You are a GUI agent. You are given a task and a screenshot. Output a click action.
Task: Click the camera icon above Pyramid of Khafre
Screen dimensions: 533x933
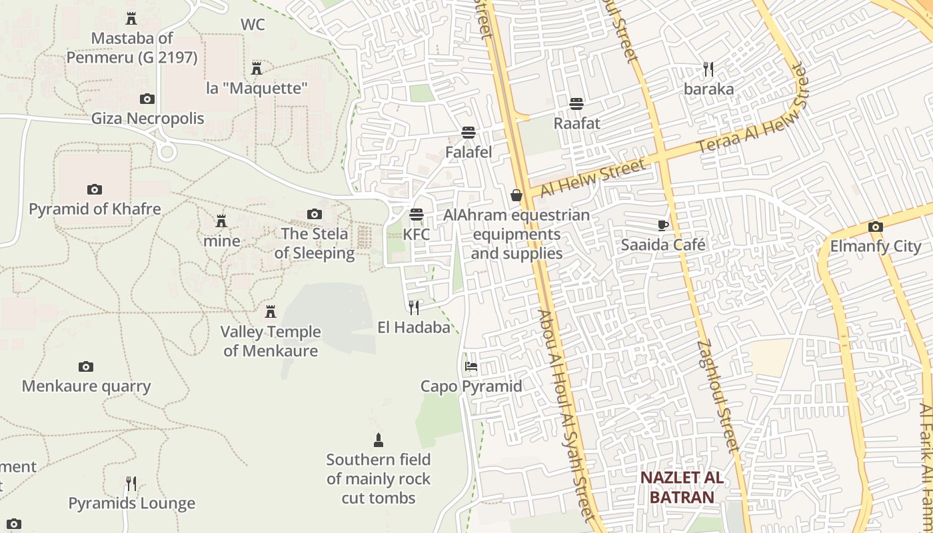95,190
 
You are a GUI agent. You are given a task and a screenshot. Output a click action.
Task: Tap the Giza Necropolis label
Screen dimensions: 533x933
148,119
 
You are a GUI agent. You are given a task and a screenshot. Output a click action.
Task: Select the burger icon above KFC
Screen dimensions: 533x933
417,215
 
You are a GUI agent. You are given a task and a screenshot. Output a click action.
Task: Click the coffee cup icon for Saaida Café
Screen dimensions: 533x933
662,225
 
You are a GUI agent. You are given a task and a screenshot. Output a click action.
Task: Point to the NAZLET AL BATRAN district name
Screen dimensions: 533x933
682,487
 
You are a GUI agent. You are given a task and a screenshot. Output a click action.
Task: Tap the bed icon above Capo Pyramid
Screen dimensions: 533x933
471,366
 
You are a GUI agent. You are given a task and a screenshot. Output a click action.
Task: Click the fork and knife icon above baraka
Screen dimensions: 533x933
708,69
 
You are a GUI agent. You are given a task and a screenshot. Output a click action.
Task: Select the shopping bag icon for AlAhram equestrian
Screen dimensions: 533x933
516,195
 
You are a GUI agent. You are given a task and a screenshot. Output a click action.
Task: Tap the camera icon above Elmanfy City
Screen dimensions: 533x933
876,227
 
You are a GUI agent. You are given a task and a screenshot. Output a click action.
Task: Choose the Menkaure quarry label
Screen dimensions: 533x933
87,386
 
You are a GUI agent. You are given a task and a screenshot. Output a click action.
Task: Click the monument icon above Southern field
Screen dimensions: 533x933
379,440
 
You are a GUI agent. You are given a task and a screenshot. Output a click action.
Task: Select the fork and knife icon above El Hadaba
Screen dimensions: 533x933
414,307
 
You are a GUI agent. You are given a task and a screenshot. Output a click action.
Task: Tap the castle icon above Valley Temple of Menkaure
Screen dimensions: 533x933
271,312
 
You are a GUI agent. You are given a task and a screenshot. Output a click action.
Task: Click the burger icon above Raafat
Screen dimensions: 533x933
576,104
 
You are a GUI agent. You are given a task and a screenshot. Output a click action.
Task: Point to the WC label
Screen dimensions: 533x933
253,25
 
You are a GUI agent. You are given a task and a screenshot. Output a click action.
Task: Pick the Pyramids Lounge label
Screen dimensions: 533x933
132,504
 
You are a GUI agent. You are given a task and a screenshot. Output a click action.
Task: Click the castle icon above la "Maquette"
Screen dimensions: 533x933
257,68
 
